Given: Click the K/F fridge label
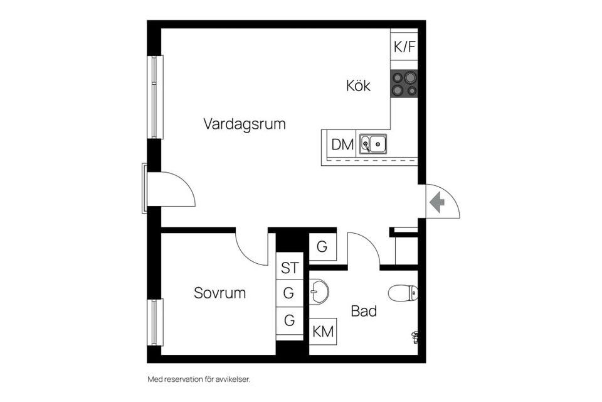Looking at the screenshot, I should point(404,47).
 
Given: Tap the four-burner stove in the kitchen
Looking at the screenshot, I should point(404,84).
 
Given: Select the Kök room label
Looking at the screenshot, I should point(358,86).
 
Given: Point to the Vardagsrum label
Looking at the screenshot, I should point(244,124).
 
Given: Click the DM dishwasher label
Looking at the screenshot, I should point(342,144).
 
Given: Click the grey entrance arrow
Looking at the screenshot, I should point(437,202).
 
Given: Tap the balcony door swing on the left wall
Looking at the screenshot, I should point(171,190).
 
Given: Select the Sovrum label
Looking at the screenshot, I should point(219,293).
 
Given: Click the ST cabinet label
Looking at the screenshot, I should point(289,268).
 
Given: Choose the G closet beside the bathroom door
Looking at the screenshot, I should point(322,247).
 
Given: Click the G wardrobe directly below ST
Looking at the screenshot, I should point(289,293).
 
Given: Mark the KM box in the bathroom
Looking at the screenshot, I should point(323,332).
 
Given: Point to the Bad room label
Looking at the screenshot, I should point(364,311).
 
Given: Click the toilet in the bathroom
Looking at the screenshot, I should point(403,293).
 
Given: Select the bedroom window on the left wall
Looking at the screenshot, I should point(155,322).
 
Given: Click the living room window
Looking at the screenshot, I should point(155,97).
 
